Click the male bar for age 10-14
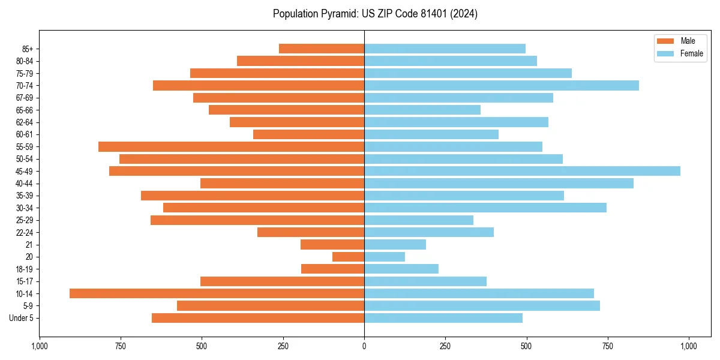pyautogui.click(x=217, y=293)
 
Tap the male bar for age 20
pyautogui.click(x=348, y=257)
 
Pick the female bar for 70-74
pyautogui.click(x=501, y=85)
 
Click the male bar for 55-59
pyautogui.click(x=231, y=146)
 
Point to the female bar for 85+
pyautogui.click(x=445, y=49)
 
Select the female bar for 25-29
pyautogui.click(x=418, y=220)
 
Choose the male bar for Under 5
pyautogui.click(x=258, y=318)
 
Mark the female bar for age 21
pyautogui.click(x=395, y=245)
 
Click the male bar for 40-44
pyautogui.click(x=282, y=184)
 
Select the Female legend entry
pyautogui.click(x=691, y=53)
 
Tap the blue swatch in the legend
pyautogui.click(x=665, y=53)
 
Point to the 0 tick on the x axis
pyautogui.click(x=364, y=346)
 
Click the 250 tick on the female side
pyautogui.click(x=445, y=346)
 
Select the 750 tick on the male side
pyautogui.click(x=120, y=346)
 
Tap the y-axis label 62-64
pyautogui.click(x=24, y=122)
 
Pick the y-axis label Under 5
pyautogui.click(x=21, y=318)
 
